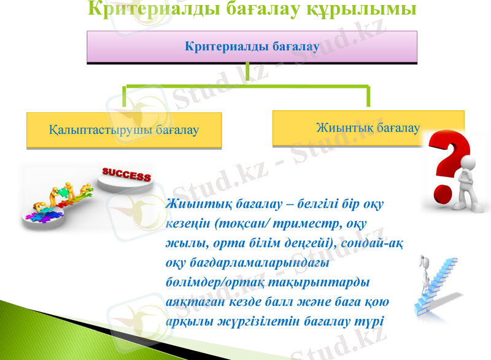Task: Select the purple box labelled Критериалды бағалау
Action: point(252,47)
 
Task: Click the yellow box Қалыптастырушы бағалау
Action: point(124,130)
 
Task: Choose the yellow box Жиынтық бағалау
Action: point(368,128)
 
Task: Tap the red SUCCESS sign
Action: point(126,176)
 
